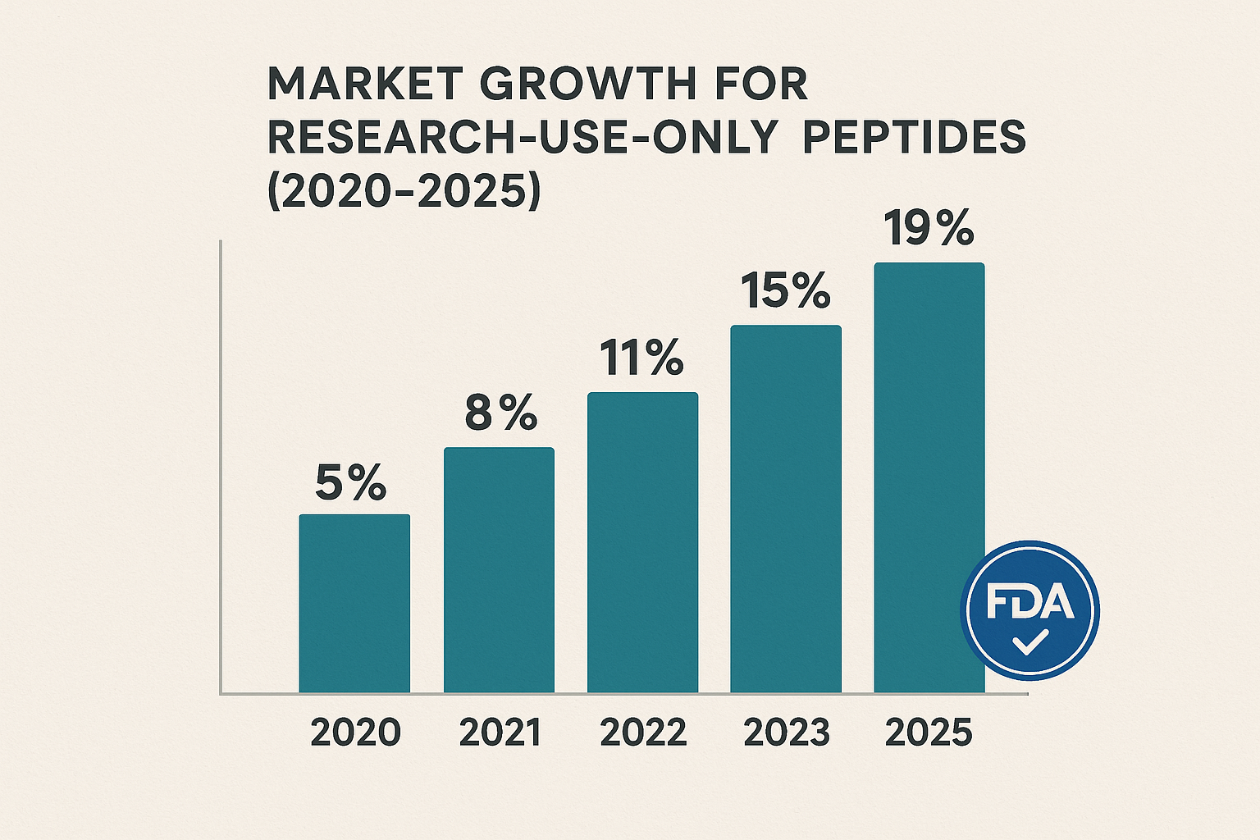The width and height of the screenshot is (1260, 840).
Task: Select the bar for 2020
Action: click(x=354, y=603)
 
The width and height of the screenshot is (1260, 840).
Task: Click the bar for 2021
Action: click(x=499, y=570)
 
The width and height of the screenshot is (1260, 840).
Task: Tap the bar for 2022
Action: click(x=642, y=542)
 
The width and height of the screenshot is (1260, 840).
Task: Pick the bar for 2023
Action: click(x=786, y=509)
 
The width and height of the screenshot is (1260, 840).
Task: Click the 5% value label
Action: click(x=351, y=483)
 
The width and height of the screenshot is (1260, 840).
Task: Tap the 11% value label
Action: click(x=641, y=358)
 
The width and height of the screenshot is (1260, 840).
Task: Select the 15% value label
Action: click(x=785, y=291)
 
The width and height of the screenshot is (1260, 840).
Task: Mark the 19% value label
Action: click(x=929, y=229)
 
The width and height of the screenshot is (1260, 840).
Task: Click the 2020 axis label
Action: click(x=355, y=733)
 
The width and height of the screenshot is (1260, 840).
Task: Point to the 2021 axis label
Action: click(x=500, y=733)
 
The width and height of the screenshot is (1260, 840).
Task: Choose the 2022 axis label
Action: click(x=643, y=733)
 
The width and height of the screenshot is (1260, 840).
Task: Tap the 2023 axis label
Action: click(x=786, y=733)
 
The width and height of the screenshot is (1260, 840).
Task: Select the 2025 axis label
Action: click(x=929, y=733)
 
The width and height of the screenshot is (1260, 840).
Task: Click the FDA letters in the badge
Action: click(x=1029, y=603)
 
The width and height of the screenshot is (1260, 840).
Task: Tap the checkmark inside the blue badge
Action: click(x=1029, y=642)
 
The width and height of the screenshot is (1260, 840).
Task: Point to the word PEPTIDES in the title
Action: click(x=914, y=137)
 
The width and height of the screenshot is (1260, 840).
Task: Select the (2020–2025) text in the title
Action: click(x=404, y=191)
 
